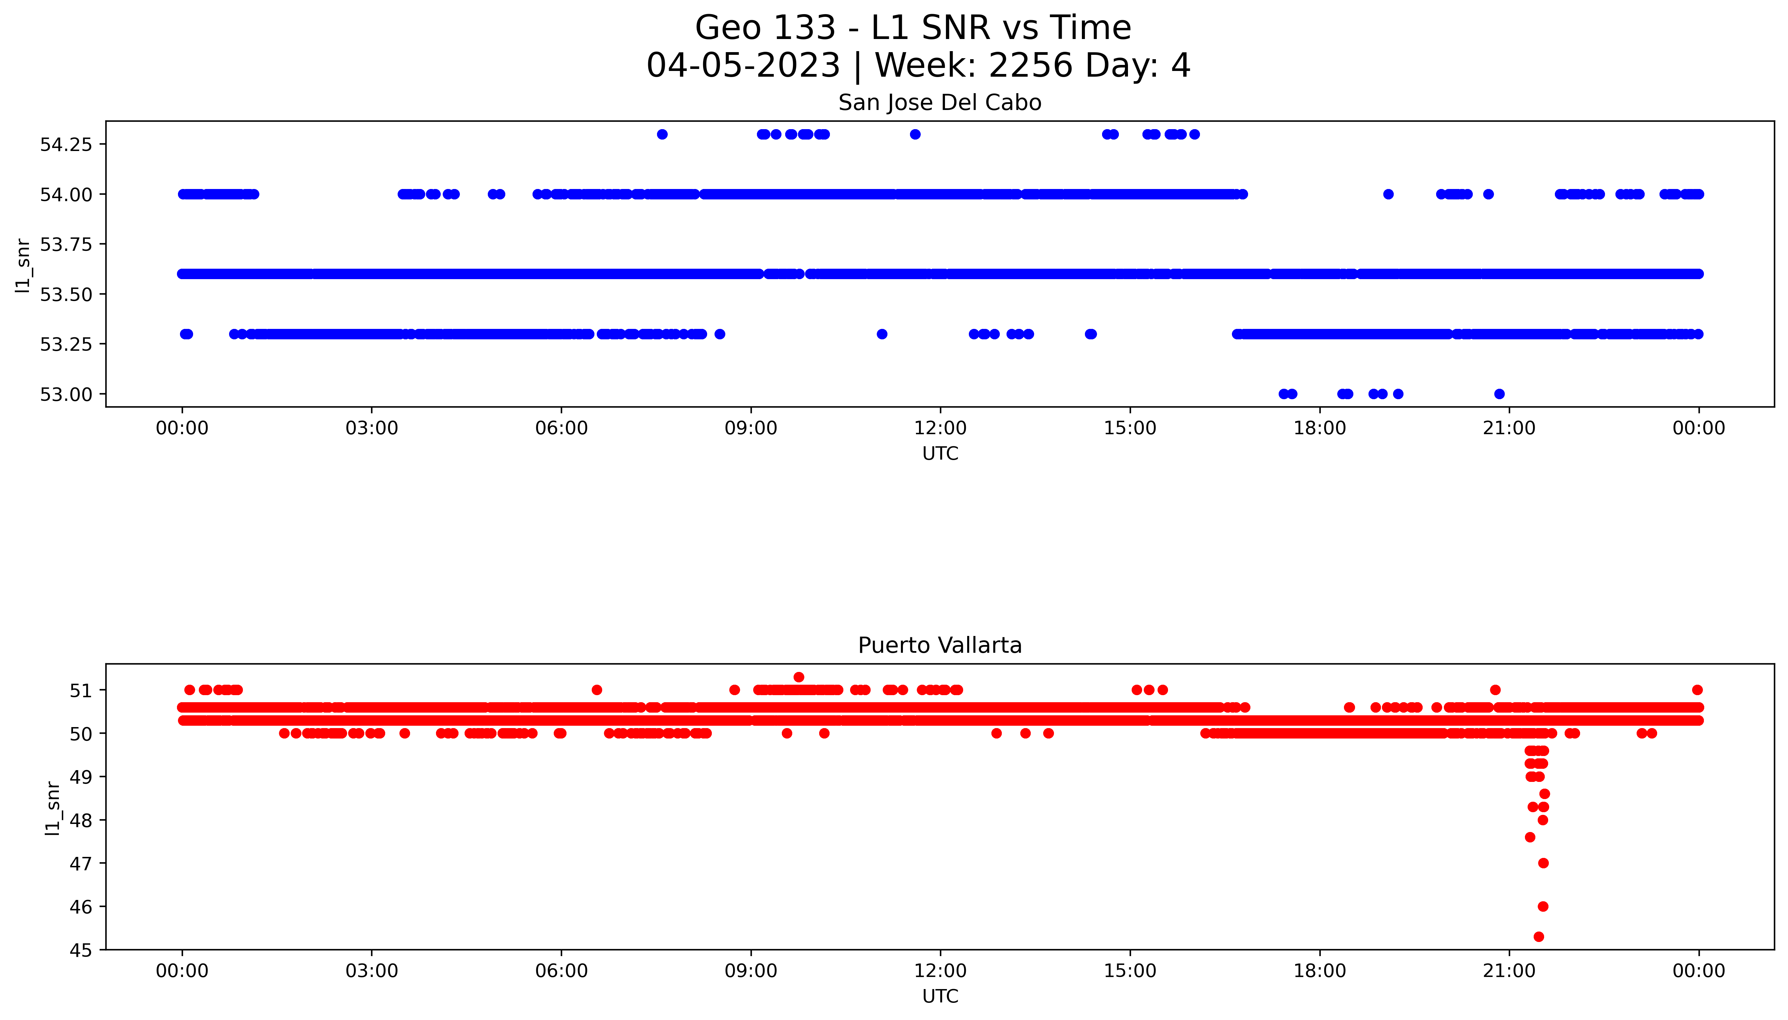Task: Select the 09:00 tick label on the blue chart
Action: pyautogui.click(x=751, y=428)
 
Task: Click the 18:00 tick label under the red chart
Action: pyautogui.click(x=1319, y=971)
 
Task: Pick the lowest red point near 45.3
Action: pyautogui.click(x=1539, y=937)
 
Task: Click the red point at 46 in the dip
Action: pyautogui.click(x=1543, y=907)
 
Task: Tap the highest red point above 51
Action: pyautogui.click(x=799, y=677)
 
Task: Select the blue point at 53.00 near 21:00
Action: pyautogui.click(x=1499, y=394)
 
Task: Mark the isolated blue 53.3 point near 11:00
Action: pyautogui.click(x=882, y=334)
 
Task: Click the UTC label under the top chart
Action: pyautogui.click(x=940, y=454)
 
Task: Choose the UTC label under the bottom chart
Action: pyautogui.click(x=940, y=996)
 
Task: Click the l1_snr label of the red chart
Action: pyautogui.click(x=52, y=808)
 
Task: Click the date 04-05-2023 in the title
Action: pyautogui.click(x=743, y=66)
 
